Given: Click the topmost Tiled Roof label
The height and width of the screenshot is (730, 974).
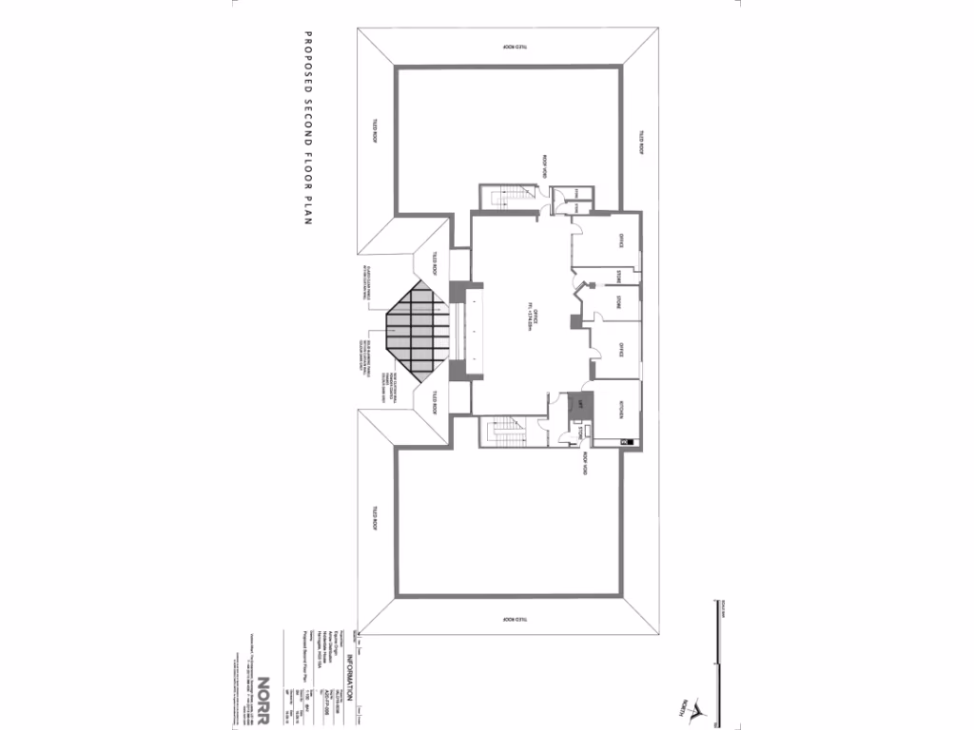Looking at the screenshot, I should (514, 46).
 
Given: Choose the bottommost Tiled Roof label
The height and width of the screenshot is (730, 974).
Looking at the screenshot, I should (514, 619).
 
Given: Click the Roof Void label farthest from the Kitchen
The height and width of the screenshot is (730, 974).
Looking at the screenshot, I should (544, 167).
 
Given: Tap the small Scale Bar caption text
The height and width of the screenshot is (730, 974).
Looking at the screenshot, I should (722, 612).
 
